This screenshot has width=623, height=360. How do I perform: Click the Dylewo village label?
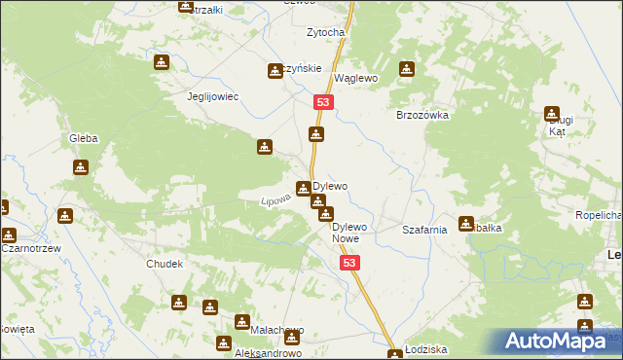(330, 185)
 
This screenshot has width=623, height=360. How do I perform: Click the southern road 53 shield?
(350, 263)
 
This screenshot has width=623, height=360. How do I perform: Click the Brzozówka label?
(421, 114)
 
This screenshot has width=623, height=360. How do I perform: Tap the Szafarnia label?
(424, 231)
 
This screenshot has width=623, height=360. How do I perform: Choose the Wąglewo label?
(355, 78)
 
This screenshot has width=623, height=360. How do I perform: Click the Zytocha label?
(326, 32)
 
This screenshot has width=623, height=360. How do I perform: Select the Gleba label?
(83, 139)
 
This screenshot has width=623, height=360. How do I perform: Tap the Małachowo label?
(277, 330)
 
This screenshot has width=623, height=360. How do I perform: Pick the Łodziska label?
(427, 349)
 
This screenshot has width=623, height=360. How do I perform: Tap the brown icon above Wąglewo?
(407, 69)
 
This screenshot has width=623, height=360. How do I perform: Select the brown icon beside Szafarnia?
(466, 223)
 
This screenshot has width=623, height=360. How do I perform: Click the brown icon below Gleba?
(80, 166)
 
